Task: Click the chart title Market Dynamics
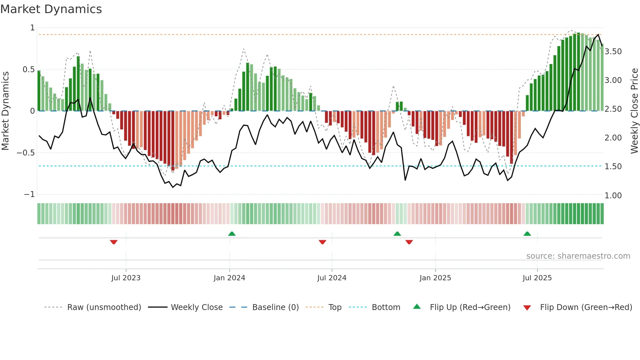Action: click(x=51, y=9)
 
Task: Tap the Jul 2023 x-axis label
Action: click(x=126, y=278)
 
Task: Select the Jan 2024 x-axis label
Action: click(x=229, y=278)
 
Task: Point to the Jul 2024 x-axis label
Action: click(x=332, y=278)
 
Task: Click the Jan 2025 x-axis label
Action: click(x=435, y=278)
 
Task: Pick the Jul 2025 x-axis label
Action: click(x=537, y=278)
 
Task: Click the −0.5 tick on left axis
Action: click(x=26, y=153)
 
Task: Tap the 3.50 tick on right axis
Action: click(x=613, y=52)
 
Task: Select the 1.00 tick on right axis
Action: click(x=613, y=196)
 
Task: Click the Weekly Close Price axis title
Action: click(x=634, y=111)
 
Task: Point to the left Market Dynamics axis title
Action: click(x=5, y=111)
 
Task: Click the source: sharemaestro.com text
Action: click(x=578, y=256)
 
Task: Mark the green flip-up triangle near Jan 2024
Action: click(x=232, y=234)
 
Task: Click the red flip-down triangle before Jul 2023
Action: click(x=114, y=242)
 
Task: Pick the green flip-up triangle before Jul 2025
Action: click(x=527, y=234)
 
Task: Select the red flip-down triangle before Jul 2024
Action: click(x=322, y=242)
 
